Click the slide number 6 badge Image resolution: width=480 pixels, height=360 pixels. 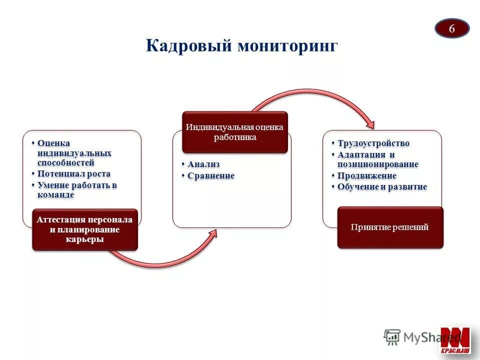(x=451, y=28)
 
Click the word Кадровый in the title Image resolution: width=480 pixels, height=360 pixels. (x=189, y=46)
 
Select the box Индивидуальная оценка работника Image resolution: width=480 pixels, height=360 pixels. (x=234, y=132)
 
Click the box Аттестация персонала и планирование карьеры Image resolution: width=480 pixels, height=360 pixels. (x=84, y=229)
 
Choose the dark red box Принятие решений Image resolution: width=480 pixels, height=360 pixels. (x=390, y=227)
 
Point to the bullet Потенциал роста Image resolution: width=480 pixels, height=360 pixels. (x=73, y=173)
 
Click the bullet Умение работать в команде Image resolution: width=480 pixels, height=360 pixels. (x=77, y=189)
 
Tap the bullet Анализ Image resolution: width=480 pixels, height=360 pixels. (x=203, y=164)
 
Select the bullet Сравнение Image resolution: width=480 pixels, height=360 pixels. (x=210, y=175)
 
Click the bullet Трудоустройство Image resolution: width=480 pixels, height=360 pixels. (x=373, y=143)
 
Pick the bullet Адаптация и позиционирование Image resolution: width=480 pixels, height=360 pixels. (x=377, y=159)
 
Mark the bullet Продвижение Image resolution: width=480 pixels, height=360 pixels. (x=366, y=175)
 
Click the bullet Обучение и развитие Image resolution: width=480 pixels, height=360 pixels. (x=382, y=186)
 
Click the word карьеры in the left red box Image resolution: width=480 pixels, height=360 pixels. (x=84, y=239)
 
